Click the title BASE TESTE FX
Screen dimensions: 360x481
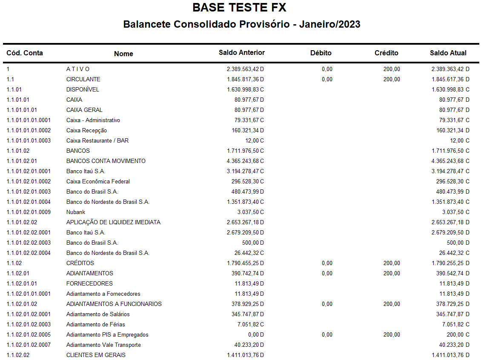coord(240,8)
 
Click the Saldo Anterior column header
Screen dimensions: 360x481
coord(241,53)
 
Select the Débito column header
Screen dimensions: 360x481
coord(321,53)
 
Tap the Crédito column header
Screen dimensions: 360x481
coord(386,53)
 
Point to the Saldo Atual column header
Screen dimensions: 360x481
coord(448,53)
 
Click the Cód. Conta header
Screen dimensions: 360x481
coord(25,53)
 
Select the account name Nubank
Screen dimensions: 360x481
coord(76,212)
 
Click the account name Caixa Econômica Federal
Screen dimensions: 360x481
coord(98,181)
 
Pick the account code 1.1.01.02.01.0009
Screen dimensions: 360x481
coord(29,212)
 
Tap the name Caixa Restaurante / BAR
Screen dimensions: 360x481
coord(97,140)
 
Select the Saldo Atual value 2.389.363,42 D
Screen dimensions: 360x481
coord(450,69)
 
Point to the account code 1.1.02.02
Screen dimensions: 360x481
coord(18,355)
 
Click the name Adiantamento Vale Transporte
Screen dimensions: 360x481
coord(103,345)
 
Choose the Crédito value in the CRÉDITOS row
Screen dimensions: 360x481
coord(391,263)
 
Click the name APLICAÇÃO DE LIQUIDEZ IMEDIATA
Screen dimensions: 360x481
coord(113,222)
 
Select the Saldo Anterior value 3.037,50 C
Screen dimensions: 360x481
coord(250,212)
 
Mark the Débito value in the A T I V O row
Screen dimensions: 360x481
coord(327,69)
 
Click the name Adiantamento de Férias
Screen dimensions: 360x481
coord(95,324)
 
